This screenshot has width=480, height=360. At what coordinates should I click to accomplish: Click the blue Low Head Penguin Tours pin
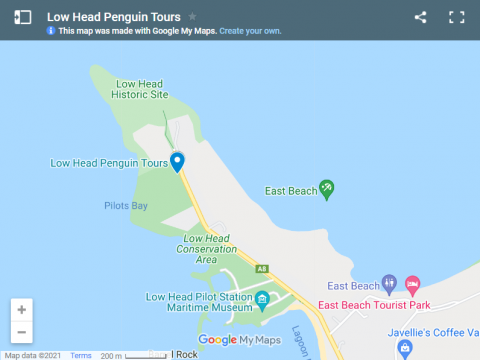coord(177,161)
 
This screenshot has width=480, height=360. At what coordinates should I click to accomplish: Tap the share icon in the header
coord(420,17)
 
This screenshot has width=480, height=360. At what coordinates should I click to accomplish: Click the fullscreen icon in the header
coord(457,17)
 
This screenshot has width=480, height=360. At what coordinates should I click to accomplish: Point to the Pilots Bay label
coord(126,206)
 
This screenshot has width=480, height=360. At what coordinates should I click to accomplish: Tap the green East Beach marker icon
coord(326,188)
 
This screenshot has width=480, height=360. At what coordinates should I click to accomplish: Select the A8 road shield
coord(262,268)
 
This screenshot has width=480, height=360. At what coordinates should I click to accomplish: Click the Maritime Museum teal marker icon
coord(262,299)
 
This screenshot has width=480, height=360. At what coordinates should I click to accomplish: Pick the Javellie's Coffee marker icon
coord(404,347)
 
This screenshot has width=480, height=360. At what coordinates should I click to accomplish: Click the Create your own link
coord(250,32)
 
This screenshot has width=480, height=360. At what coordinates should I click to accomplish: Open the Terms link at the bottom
coord(81,355)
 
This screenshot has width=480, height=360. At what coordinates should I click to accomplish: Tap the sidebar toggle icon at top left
coord(22,17)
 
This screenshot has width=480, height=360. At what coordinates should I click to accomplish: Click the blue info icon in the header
coord(51,32)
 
